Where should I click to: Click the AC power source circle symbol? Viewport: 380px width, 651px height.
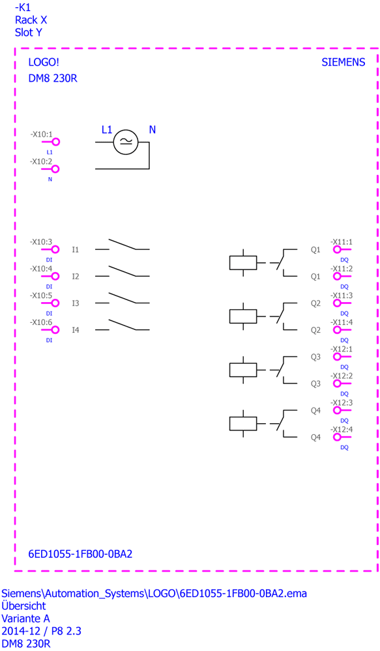[126, 142]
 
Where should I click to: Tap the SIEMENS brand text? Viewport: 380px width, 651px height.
[343, 62]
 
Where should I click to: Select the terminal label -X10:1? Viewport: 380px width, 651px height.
[41, 135]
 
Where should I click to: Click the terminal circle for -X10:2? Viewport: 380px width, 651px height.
[55, 169]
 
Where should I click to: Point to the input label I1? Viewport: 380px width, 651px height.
[75, 249]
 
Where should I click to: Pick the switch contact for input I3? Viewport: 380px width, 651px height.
[123, 298]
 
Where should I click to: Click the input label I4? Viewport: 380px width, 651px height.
[75, 330]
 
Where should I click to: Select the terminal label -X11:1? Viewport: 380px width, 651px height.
[342, 242]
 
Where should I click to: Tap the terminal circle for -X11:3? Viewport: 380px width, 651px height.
[337, 303]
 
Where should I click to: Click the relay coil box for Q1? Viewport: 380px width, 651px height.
[243, 263]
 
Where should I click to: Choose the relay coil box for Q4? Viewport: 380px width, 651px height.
[243, 424]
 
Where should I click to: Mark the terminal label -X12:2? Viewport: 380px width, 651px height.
[342, 376]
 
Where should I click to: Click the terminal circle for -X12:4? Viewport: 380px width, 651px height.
[337, 437]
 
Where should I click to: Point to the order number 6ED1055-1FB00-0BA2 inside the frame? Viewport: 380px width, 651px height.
[80, 554]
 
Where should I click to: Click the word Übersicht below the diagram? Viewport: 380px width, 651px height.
[23, 605]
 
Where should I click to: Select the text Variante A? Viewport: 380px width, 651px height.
[26, 618]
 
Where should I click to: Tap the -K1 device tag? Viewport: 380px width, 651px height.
[23, 7]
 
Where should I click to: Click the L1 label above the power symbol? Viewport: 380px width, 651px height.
[107, 130]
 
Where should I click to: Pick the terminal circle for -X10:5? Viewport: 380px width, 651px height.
[55, 303]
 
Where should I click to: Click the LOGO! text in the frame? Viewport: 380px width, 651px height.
[44, 62]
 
